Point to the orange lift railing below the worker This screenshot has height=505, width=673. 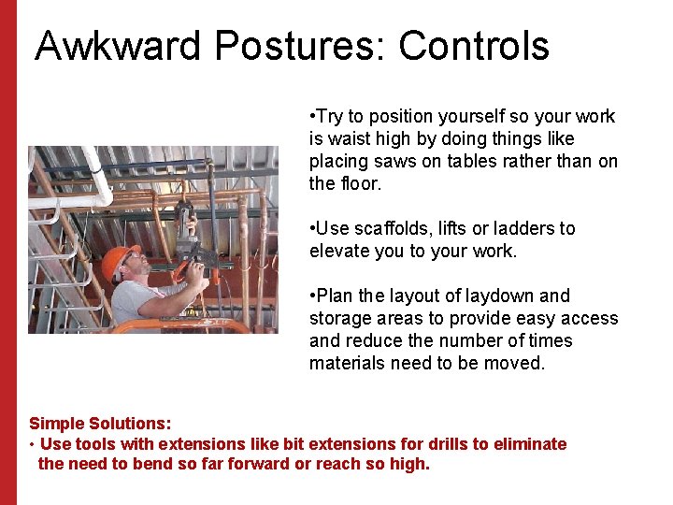point(187,325)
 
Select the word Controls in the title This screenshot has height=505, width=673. point(474,46)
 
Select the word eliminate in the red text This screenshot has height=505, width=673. point(530,444)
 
